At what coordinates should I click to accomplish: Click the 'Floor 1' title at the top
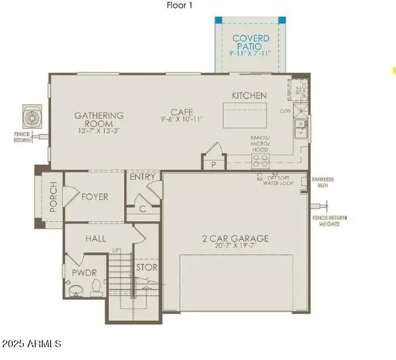coord(180,6)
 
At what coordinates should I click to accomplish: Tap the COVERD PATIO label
coord(251,42)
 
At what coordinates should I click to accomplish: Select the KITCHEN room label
coord(249,95)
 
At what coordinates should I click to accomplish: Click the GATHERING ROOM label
coord(99,119)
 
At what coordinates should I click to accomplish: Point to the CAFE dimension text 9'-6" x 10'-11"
coord(181,119)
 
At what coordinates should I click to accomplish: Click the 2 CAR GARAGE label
coord(235,239)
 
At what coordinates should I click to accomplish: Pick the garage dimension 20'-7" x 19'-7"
coord(235,247)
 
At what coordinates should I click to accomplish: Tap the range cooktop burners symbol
coord(260,160)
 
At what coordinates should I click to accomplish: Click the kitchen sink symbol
coord(300,129)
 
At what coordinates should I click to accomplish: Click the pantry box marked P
coord(214,165)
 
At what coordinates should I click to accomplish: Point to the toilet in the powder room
coord(96,288)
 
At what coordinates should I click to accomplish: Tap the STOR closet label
coord(147,267)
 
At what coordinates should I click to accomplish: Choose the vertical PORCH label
coord(54,197)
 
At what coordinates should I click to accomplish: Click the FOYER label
coord(95,197)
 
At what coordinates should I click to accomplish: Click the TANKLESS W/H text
coord(323,182)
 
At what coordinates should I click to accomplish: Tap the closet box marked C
coord(143,209)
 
